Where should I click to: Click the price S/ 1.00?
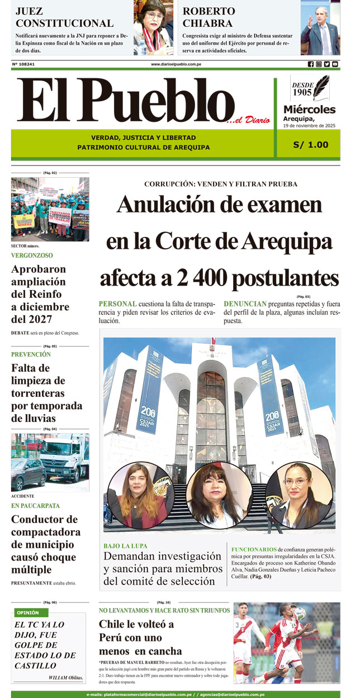[x=311, y=145]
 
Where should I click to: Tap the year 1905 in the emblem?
[x=302, y=92]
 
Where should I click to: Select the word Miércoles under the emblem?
[x=309, y=110]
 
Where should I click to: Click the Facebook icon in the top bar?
[x=311, y=64]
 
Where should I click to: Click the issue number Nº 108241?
[x=23, y=64]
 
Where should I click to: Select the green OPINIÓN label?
[x=28, y=612]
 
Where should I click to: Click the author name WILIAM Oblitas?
[x=66, y=678]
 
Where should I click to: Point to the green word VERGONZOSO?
[x=32, y=255]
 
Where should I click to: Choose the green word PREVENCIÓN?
[x=31, y=354]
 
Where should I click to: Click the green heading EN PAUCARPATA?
[x=35, y=506]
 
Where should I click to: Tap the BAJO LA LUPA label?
[x=125, y=545]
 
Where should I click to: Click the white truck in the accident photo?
[x=63, y=457]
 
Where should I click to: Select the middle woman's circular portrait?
[x=219, y=495]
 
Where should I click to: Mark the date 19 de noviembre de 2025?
[x=309, y=126]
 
